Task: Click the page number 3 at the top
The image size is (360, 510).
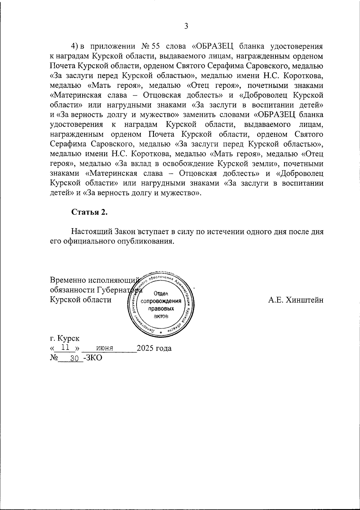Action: point(186,27)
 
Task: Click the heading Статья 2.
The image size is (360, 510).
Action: point(89,212)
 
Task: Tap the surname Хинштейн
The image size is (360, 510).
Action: point(305,300)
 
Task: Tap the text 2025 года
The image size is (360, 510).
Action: point(154,348)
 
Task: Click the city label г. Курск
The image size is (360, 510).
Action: point(65,339)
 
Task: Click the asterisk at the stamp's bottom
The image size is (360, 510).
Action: point(160,333)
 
